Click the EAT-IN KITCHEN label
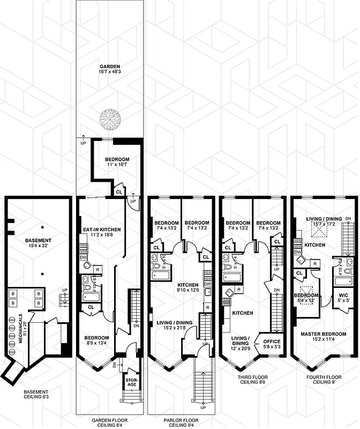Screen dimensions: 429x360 click(x=101, y=232)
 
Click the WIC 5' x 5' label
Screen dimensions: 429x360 click(x=341, y=298)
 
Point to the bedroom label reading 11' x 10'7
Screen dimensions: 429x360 click(x=116, y=162)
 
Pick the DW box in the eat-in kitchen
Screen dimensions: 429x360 click(x=83, y=257)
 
